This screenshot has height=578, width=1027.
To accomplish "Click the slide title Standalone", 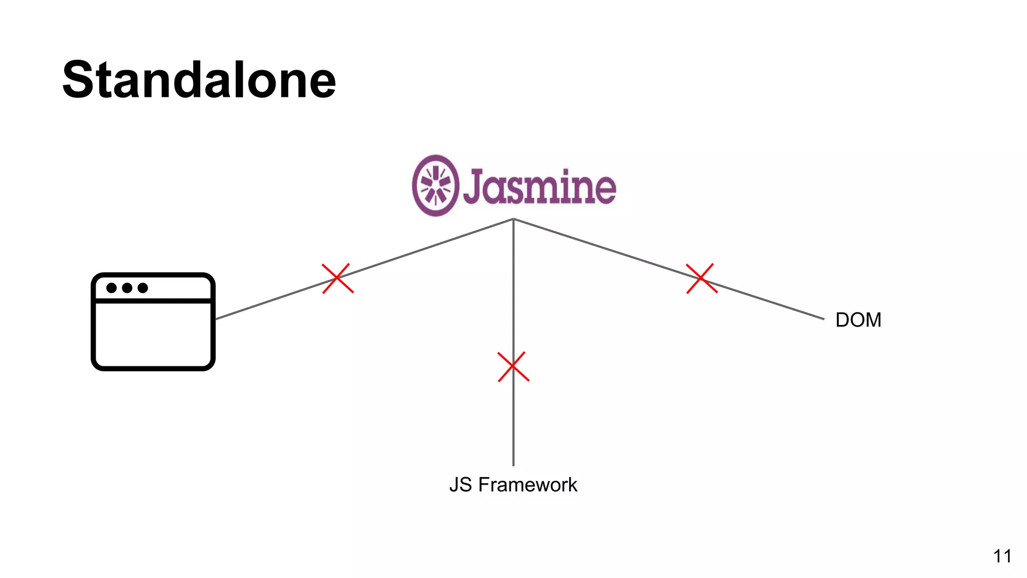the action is point(199,80).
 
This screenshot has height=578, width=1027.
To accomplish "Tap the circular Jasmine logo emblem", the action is point(435,186).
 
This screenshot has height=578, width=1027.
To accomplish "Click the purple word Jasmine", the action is point(539,187).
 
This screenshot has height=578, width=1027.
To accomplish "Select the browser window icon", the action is point(153,322).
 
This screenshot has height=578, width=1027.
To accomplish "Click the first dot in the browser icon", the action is point(112,288).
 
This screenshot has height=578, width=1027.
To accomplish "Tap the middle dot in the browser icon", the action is point(127,288).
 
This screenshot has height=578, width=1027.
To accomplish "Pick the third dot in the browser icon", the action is point(143,288).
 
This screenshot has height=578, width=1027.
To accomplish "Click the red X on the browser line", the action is point(337,278).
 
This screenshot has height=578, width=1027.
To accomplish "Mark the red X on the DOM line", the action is point(702,278).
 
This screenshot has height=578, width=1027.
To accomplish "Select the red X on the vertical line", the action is point(513,367).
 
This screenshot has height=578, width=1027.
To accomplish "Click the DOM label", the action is point(858,320).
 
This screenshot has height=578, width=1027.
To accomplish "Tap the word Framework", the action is point(528,485).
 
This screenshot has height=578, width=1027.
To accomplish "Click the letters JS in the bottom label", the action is point(460,485).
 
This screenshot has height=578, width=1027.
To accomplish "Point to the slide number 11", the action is point(1002,556).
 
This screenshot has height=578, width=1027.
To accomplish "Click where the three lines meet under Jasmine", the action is point(513,219).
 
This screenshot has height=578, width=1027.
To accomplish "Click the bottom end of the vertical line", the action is point(513,465).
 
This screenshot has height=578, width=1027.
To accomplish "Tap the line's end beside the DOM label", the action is point(823,319).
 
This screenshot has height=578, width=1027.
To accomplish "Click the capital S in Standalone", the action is point(82,80).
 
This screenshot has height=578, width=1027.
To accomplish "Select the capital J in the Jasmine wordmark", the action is point(474,187).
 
